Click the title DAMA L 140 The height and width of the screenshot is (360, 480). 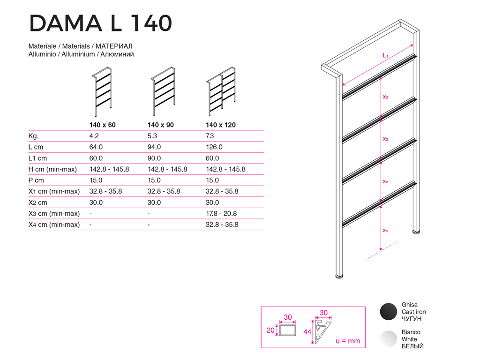[100, 23]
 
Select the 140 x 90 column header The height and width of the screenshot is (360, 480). [160, 125]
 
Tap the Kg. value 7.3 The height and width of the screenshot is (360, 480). [210, 136]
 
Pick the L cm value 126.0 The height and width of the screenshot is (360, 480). [214, 147]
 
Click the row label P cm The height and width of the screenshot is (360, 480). [36, 180]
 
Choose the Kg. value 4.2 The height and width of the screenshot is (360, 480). [94, 136]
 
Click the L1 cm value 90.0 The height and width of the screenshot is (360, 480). [154, 158]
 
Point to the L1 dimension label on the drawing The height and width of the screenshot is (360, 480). [385, 56]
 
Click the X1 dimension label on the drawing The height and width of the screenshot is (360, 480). [385, 231]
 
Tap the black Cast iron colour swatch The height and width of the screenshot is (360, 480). [388, 312]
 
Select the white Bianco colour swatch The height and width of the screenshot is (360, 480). [388, 339]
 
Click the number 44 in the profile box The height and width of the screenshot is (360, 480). [307, 332]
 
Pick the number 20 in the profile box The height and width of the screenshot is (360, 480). [270, 330]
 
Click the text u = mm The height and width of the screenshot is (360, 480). [348, 341]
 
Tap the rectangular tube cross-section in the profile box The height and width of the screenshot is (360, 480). [287, 330]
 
